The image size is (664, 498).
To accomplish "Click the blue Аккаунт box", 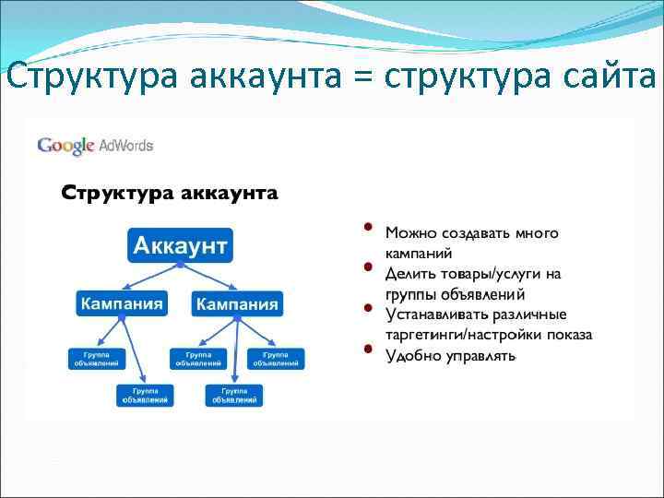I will pos(180,245).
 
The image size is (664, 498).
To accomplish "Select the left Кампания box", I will pos(121,303).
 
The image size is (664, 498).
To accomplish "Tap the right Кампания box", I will pos(237,303).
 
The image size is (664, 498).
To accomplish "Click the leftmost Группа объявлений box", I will pos(96,358).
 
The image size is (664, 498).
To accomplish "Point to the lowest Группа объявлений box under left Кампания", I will pos(145,395).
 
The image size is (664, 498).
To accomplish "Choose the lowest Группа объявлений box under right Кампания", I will pos(234,395).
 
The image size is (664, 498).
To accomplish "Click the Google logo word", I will pos(65,145).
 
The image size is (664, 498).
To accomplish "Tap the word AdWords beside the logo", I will pos(125,145).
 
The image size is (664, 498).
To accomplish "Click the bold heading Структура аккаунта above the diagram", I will pos(170,194).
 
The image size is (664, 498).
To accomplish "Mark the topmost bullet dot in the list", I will pos(367,226).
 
